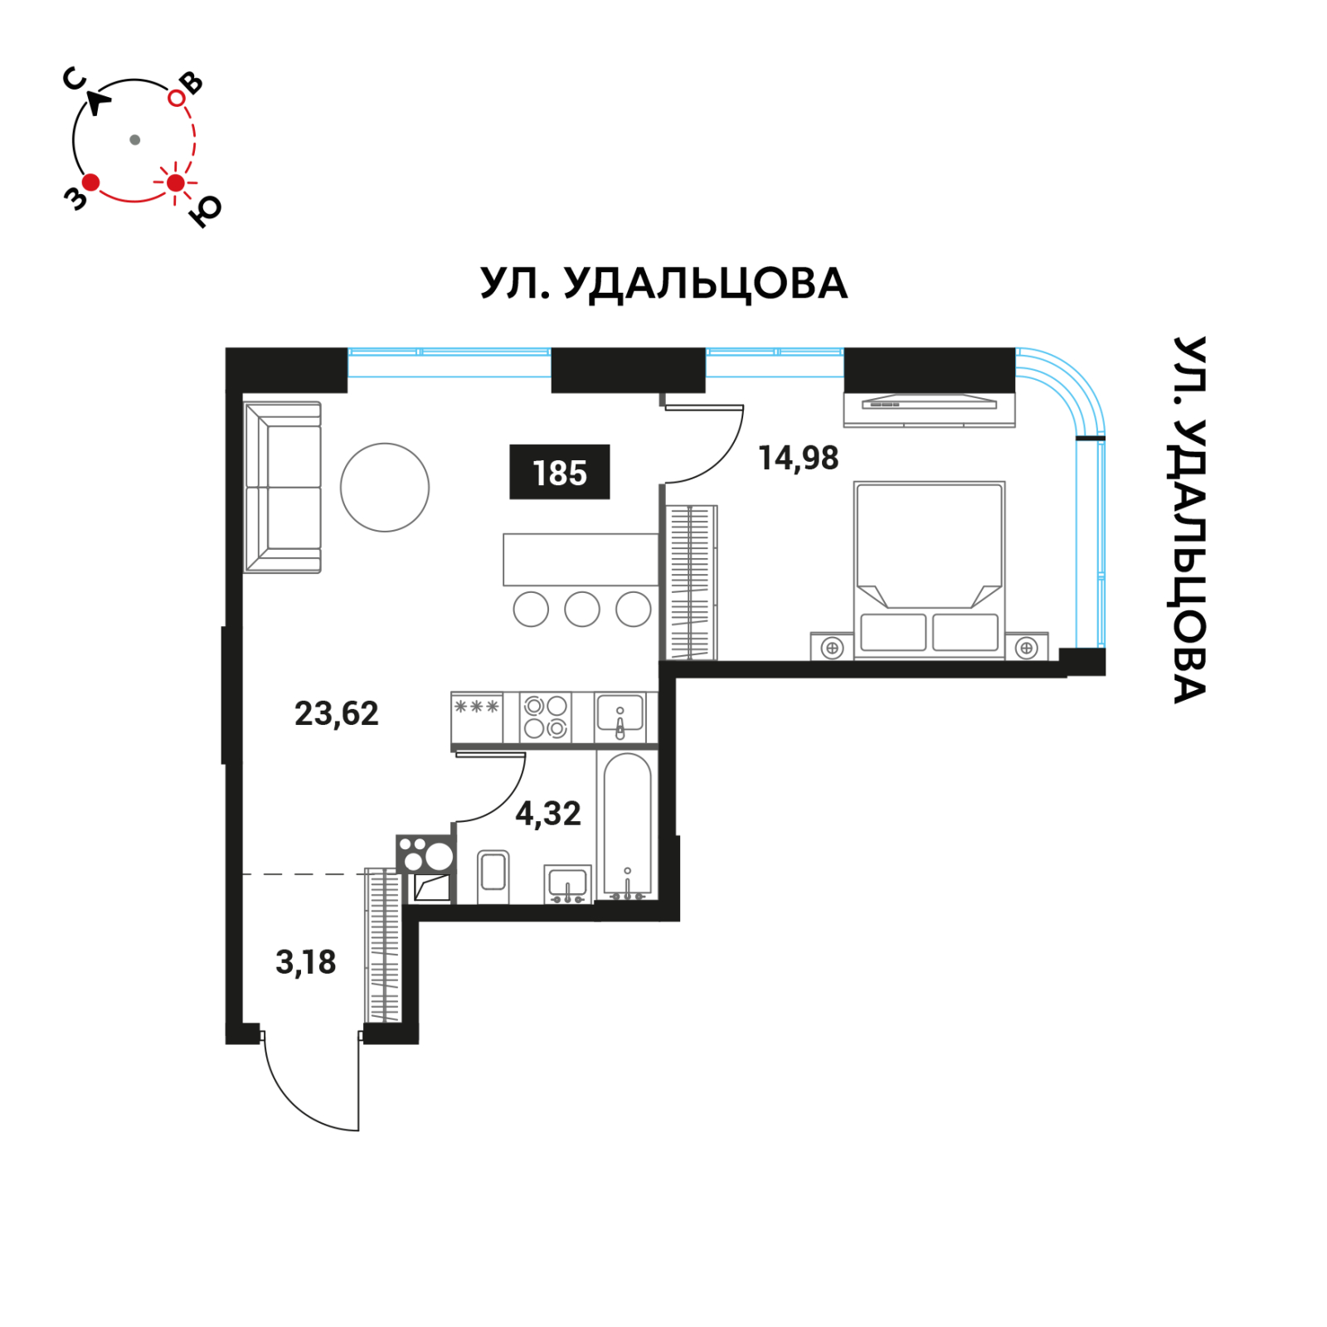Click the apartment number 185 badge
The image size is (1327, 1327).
coord(559,472)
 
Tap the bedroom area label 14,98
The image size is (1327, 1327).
coord(798,458)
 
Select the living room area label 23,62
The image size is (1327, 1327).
coord(336,713)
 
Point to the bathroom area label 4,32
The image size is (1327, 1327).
coord(547,814)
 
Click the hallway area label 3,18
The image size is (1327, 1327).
coord(305,962)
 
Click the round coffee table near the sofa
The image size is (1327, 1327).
coord(384,487)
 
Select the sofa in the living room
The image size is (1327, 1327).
coord(282,487)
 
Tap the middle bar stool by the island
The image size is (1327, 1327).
coord(581,610)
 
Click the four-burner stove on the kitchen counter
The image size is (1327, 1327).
coord(546,717)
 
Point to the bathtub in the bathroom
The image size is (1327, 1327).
coord(627,825)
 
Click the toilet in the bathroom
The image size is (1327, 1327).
coord(493,875)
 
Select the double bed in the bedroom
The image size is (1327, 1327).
coord(929,568)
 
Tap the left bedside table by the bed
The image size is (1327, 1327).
coord(832,648)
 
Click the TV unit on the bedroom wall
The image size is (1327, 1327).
coord(929,407)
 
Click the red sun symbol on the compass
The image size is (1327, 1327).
coord(175,182)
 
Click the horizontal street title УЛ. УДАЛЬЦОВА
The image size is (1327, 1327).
coord(663,284)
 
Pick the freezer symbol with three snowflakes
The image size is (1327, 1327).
coord(476,707)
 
